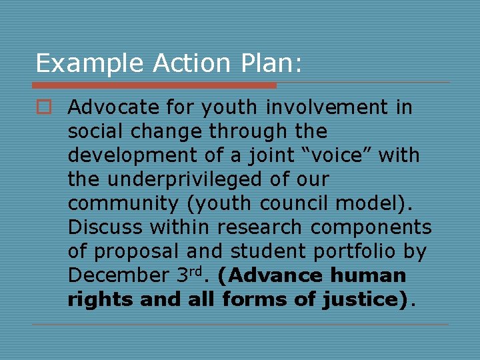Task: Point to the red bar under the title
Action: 154,85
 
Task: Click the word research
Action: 261,227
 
